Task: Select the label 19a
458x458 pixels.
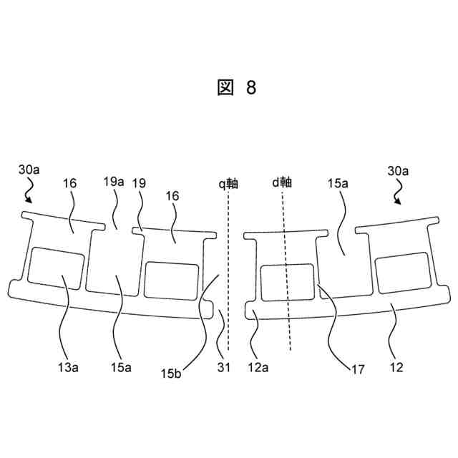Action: pyautogui.click(x=114, y=182)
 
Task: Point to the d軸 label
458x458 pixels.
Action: pyautogui.click(x=282, y=182)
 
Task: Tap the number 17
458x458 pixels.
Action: pyautogui.click(x=357, y=371)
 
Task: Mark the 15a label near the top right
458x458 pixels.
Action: pyautogui.click(x=338, y=183)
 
